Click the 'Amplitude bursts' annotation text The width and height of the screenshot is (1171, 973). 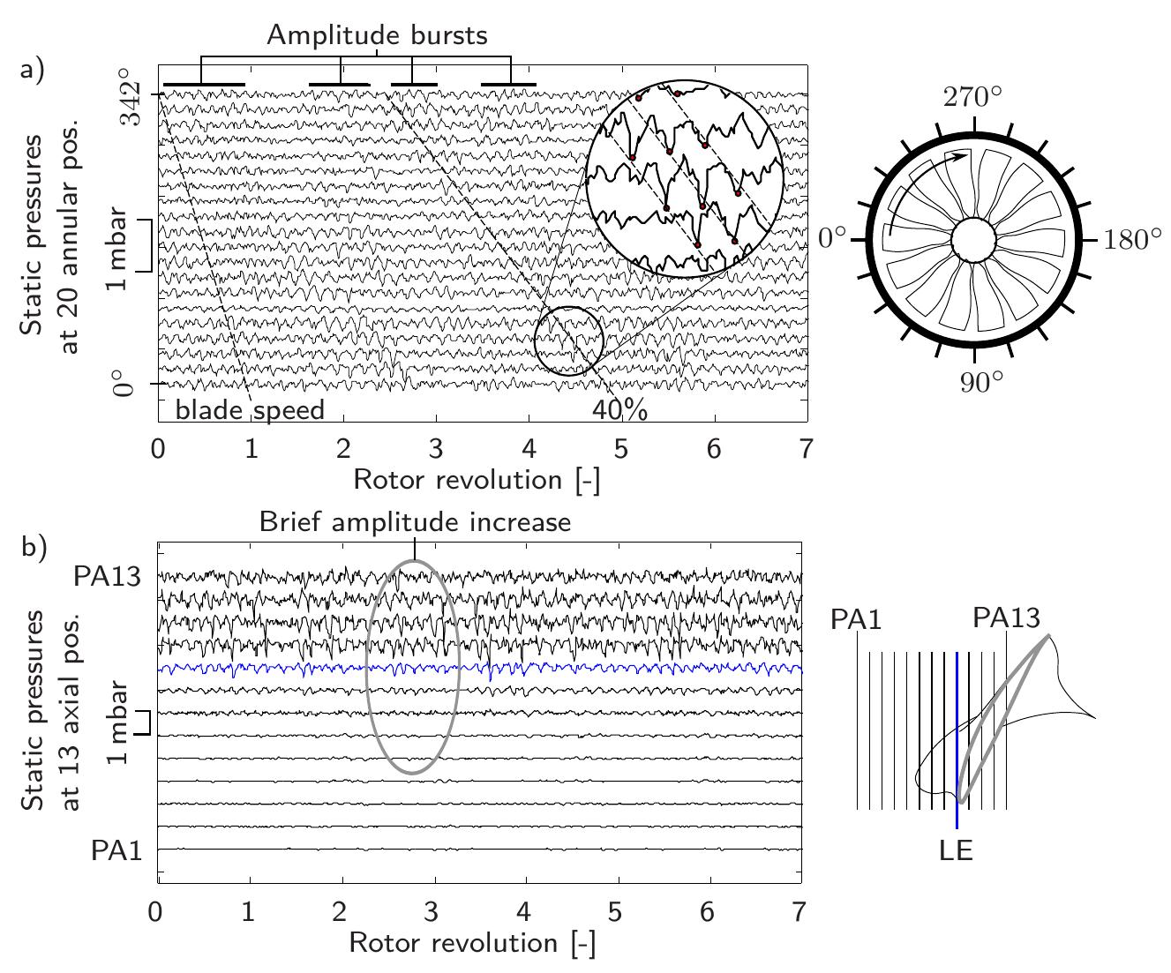click(377, 34)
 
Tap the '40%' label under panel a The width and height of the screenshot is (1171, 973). click(619, 411)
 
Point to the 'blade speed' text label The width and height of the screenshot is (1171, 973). click(250, 410)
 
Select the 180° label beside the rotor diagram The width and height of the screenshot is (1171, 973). click(1132, 240)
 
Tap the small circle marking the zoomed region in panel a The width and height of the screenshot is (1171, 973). click(568, 341)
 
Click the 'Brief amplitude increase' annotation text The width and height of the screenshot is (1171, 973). click(415, 521)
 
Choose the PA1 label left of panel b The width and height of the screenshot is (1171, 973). click(116, 850)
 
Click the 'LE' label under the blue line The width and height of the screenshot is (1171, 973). click(957, 850)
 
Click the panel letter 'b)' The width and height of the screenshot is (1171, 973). click(33, 547)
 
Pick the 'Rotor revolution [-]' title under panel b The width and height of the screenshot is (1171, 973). click(472, 942)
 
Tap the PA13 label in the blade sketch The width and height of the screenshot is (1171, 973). click(1006, 618)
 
